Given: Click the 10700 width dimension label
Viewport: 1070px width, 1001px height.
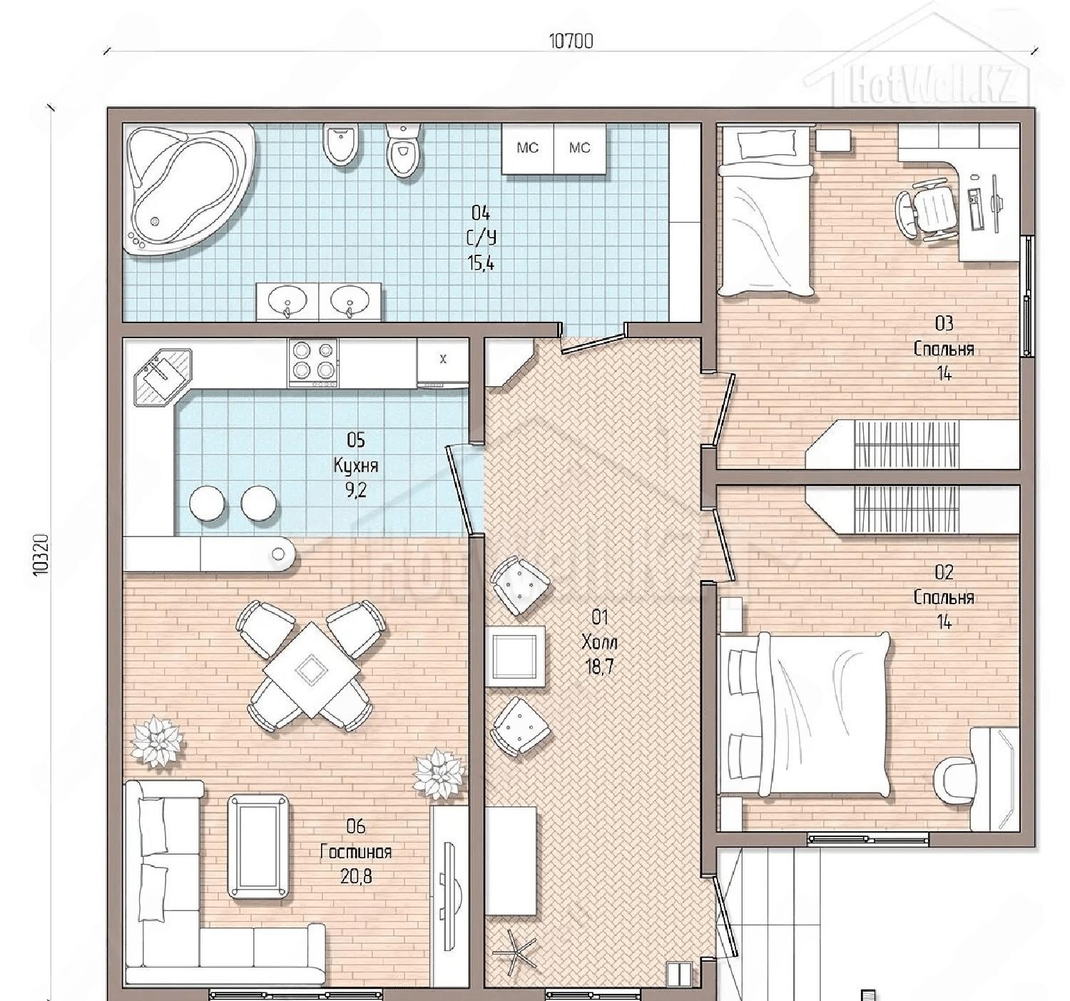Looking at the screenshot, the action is [571, 41].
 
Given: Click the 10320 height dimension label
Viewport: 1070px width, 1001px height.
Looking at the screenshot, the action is [41, 554].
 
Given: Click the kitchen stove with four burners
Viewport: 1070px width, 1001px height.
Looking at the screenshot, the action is [313, 362].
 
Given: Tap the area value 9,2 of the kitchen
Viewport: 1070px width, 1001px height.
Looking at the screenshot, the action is [355, 490].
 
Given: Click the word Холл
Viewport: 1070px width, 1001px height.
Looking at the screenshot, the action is [599, 642].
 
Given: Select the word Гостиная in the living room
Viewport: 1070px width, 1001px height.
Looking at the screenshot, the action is [355, 852].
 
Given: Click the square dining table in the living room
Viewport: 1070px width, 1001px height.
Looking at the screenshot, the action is [311, 670].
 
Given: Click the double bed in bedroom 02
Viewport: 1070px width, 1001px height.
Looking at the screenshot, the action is [805, 715].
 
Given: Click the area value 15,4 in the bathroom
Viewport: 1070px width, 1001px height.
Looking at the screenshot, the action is [481, 263].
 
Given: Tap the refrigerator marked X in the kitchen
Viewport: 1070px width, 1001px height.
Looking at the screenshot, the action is [442, 362].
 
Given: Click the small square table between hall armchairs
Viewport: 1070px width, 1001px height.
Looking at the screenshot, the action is [514, 656].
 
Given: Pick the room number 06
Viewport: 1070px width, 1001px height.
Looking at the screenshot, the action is [355, 825].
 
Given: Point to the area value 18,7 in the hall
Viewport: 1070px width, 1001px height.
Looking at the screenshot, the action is [599, 667].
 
